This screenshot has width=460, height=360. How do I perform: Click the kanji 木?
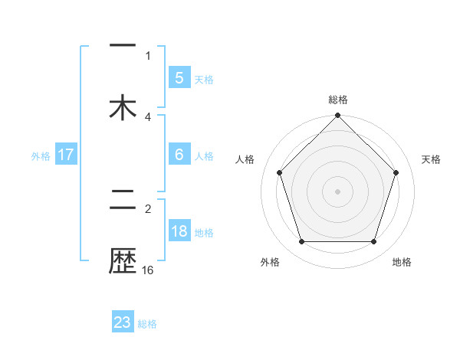tap(123, 107)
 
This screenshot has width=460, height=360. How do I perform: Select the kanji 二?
tap(123, 201)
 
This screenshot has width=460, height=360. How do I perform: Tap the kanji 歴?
tap(123, 261)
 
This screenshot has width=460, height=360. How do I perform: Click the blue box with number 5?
tap(179, 77)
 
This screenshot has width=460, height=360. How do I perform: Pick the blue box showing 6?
tap(179, 155)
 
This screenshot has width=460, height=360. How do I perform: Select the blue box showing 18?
tap(179, 231)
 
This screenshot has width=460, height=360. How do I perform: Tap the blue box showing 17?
tap(66, 155)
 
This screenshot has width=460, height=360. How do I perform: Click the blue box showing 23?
tap(123, 322)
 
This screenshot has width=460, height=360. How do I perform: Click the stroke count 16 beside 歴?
tap(148, 270)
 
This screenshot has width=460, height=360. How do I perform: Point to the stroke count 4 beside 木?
tap(148, 116)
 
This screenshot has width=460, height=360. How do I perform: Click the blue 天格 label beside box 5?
tap(204, 79)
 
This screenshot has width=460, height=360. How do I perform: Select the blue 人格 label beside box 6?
tap(204, 156)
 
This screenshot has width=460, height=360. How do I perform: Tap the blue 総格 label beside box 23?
tap(147, 324)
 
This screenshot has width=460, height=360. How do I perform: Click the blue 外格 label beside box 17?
tap(41, 156)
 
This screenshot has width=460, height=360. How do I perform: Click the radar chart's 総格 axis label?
tap(337, 100)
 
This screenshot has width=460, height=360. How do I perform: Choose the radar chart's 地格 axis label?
tap(402, 262)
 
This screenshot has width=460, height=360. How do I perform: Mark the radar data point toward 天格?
tap(396, 172)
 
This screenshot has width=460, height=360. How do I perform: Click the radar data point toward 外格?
tap(301, 242)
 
